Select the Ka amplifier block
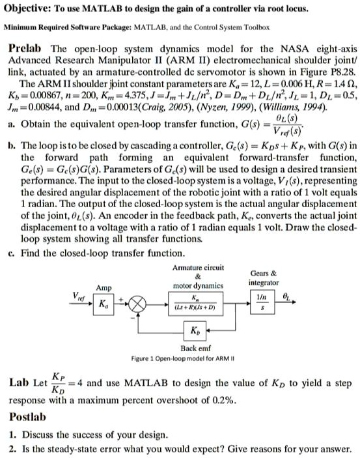[x=103, y=304]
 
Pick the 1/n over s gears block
[x=263, y=304]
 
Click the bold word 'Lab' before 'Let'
[x=19, y=384]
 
